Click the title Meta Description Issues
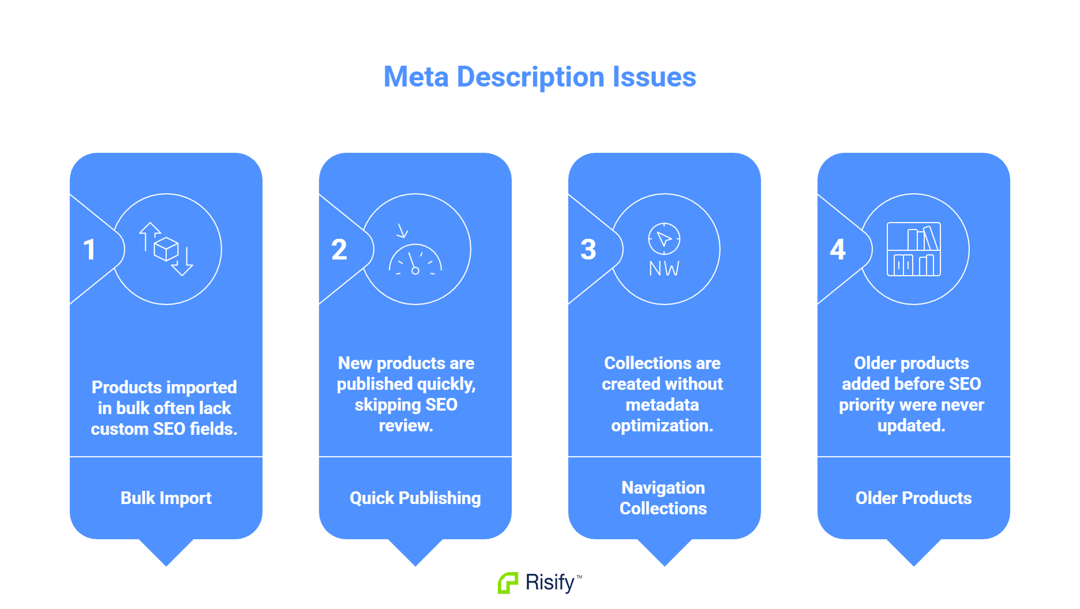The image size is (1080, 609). pos(539,77)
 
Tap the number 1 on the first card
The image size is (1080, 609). pos(89,250)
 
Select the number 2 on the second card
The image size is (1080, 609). pos(339,250)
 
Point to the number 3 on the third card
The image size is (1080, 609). pos(588,250)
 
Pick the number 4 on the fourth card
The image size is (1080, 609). pos(838,250)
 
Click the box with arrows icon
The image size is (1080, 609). pos(166,249)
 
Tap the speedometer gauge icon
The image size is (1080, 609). pos(415,254)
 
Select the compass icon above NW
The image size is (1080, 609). pos(664,238)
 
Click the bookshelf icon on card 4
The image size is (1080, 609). pos(914,249)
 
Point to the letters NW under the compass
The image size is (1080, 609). pos(664,269)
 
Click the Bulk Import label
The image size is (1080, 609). pos(166,498)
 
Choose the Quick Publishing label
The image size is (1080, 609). pos(415,498)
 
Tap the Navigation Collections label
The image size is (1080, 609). pos(663,498)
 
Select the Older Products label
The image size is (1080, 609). pos(913,498)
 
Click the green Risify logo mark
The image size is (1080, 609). pos(508,583)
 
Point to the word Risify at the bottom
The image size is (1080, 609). pos(550,582)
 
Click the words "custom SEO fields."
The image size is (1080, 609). pos(164,429)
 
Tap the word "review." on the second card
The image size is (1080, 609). pos(406,426)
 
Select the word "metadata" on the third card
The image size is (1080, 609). pos(662,405)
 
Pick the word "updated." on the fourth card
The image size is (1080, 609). pos(912,426)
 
